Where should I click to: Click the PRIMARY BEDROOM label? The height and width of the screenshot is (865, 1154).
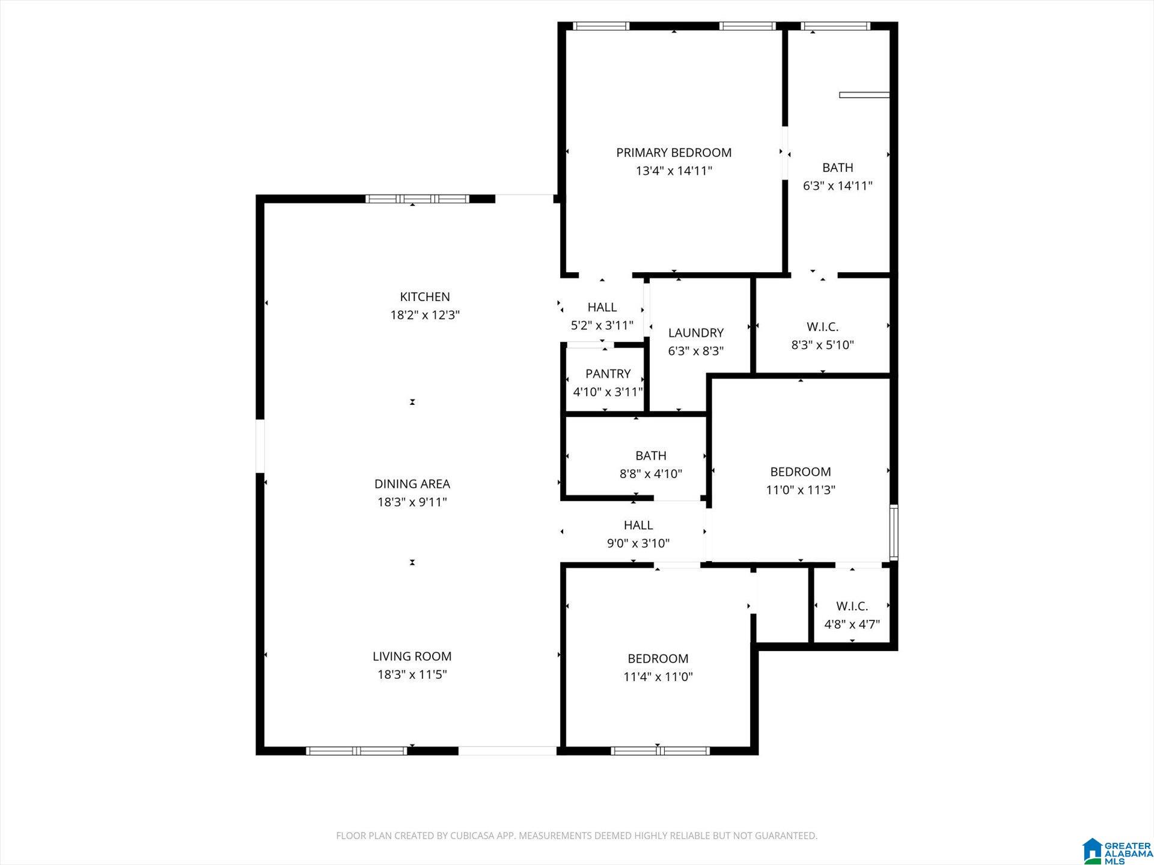(x=674, y=153)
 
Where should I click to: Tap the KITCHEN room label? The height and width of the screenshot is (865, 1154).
(x=425, y=297)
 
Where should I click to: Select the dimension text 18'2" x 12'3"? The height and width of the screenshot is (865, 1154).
(x=425, y=315)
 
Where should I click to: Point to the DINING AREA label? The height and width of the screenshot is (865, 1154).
(x=412, y=484)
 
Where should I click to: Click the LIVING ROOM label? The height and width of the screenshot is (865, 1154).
(x=412, y=657)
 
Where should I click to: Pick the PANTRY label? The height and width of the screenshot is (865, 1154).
(x=608, y=374)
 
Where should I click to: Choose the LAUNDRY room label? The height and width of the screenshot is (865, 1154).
(x=696, y=333)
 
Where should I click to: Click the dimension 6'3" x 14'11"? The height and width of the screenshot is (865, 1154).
(x=838, y=186)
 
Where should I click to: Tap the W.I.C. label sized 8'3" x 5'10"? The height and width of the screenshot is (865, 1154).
(x=822, y=327)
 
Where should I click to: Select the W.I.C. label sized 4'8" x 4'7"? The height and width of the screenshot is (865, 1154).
(x=852, y=606)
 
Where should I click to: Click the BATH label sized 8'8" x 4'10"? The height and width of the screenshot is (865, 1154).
(x=651, y=456)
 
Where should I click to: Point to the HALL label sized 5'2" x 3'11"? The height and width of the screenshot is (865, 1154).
(x=602, y=308)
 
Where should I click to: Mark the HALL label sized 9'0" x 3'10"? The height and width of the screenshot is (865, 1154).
(x=638, y=526)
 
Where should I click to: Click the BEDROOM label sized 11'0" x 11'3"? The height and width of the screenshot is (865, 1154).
(x=801, y=472)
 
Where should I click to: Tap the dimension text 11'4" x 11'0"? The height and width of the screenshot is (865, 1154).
(x=658, y=677)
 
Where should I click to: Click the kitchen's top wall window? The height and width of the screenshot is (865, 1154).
(x=418, y=199)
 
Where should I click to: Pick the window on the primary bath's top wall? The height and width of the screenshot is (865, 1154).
(x=836, y=26)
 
